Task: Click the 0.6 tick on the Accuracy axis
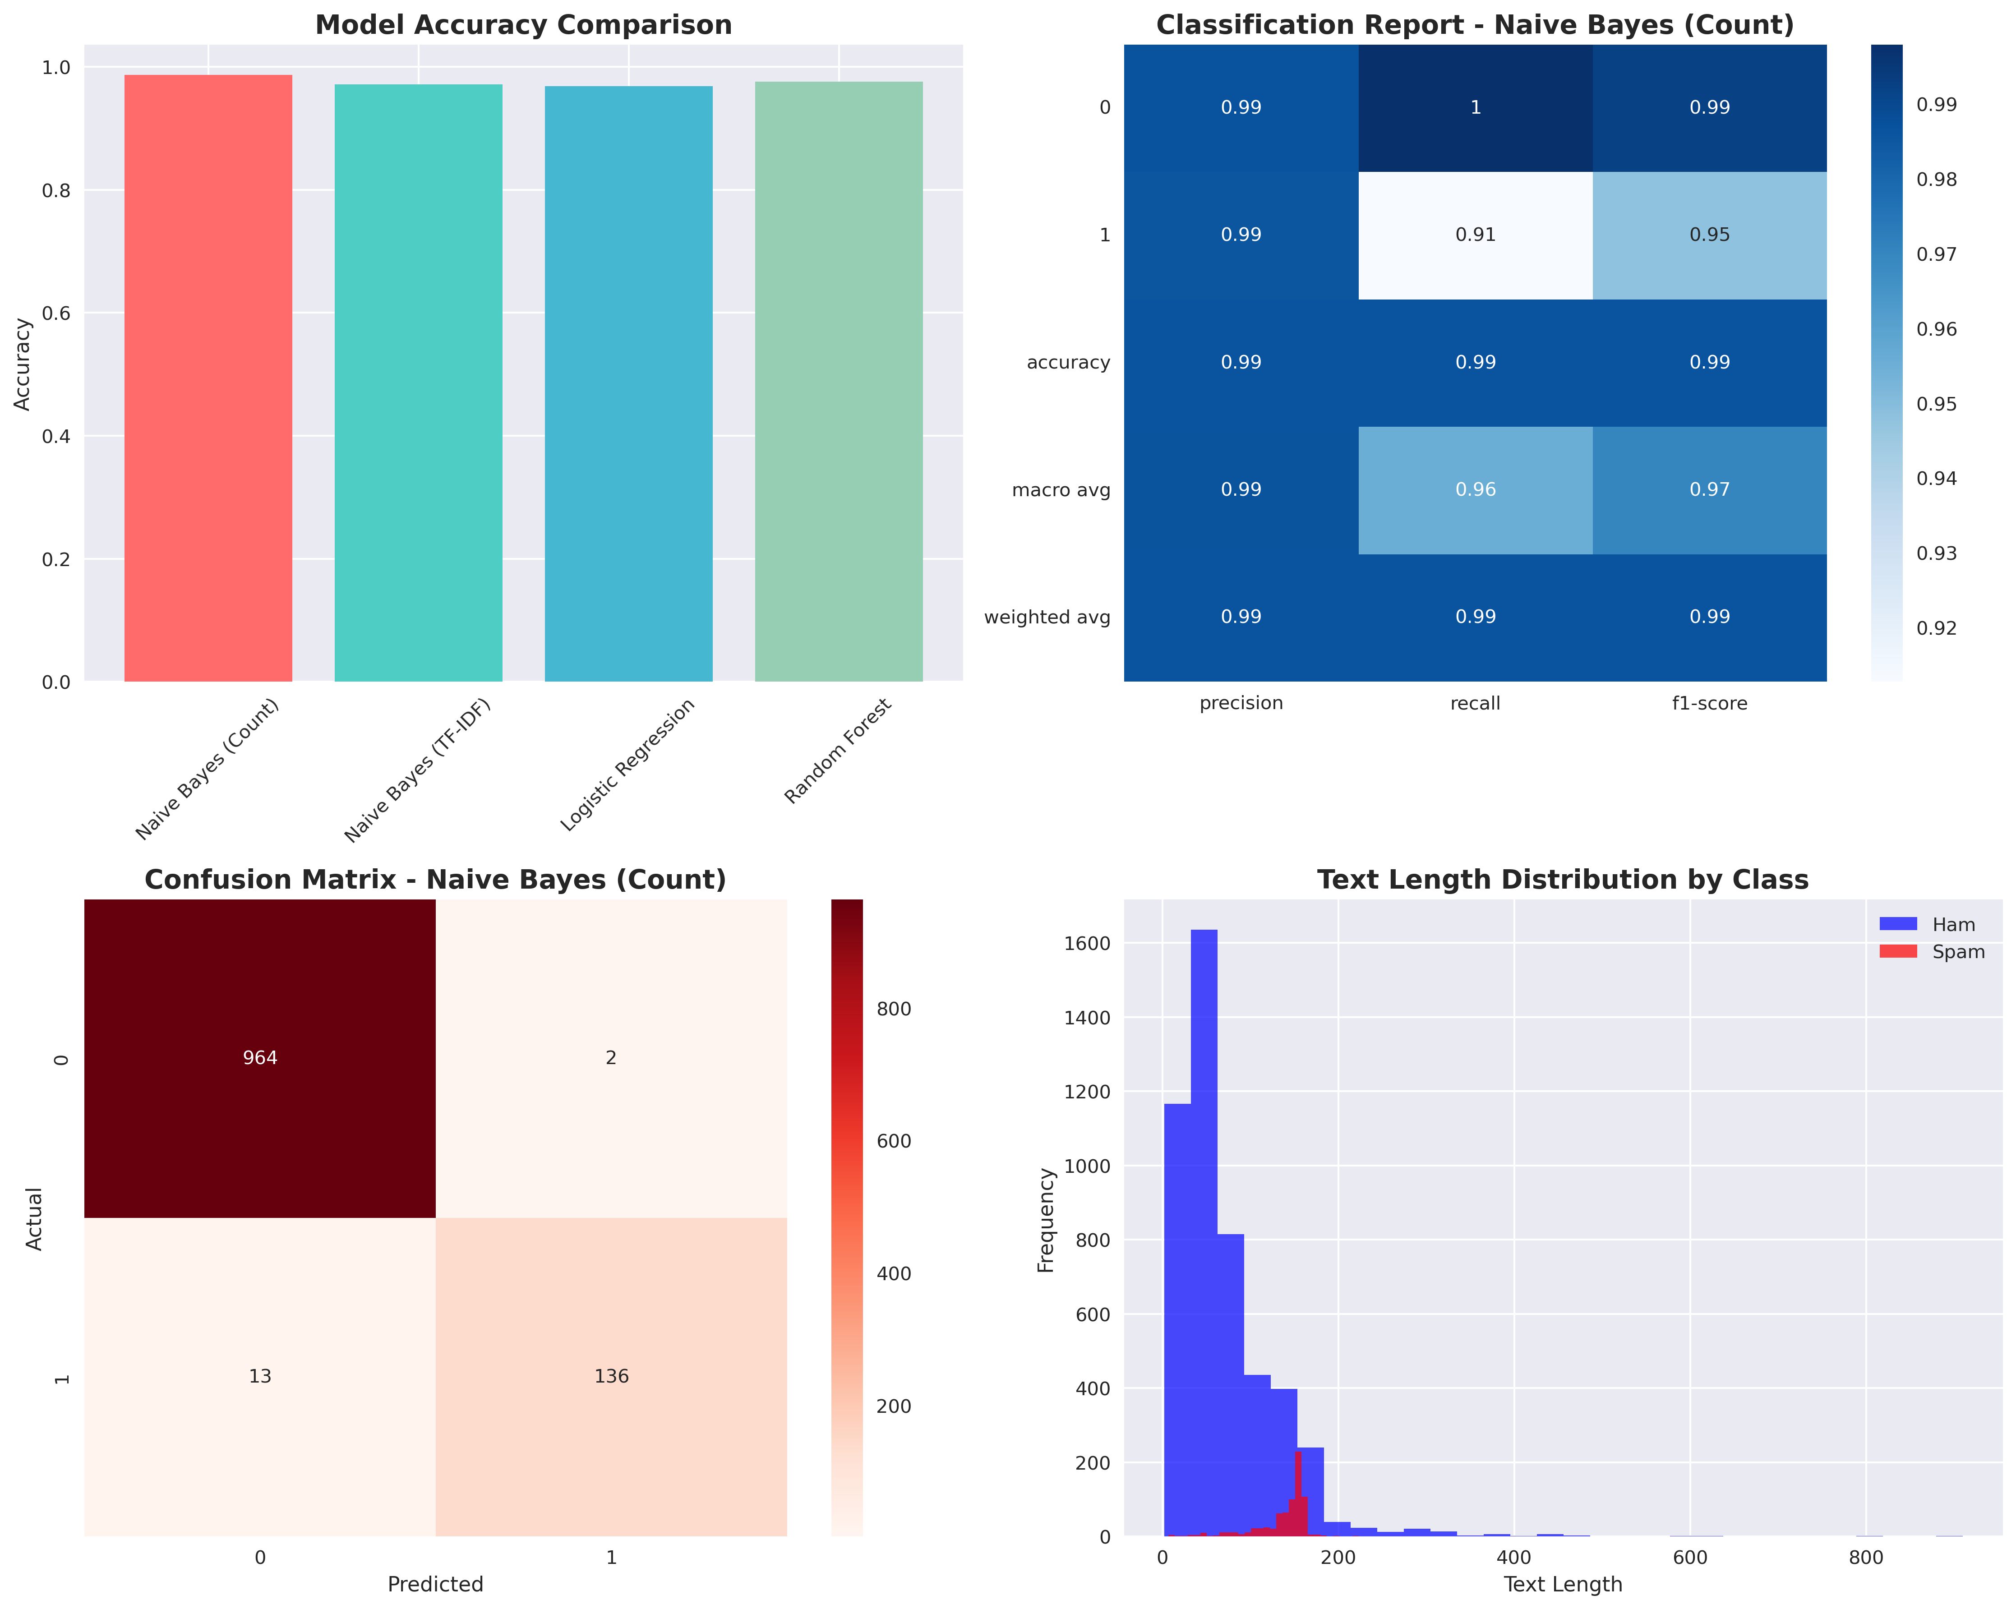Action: click(56, 313)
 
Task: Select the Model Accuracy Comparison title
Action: click(524, 25)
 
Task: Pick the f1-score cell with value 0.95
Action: click(1709, 235)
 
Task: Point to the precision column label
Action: click(1241, 703)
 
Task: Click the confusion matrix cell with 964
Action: click(260, 1057)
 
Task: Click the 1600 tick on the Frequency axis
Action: click(1087, 943)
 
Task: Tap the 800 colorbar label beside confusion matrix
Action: click(893, 1009)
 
